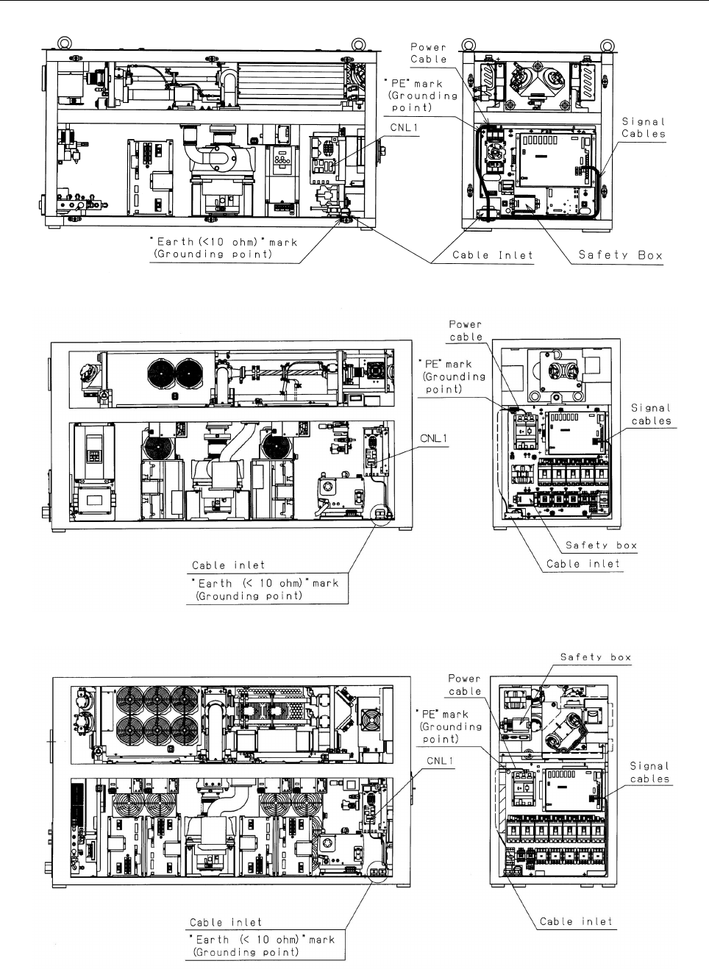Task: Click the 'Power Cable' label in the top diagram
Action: (x=429, y=53)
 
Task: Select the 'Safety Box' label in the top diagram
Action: (x=620, y=255)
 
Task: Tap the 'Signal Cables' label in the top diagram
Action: (x=644, y=128)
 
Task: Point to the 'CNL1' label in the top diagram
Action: (x=405, y=128)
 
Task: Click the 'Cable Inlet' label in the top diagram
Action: (x=493, y=255)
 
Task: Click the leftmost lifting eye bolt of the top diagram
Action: (x=64, y=43)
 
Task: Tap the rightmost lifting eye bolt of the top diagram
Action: (x=608, y=45)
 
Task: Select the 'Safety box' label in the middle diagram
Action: (x=601, y=545)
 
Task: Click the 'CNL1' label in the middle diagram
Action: (x=434, y=439)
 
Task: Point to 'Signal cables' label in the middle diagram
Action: (x=651, y=415)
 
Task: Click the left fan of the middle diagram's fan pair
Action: (x=160, y=373)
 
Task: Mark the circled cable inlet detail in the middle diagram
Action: (x=381, y=515)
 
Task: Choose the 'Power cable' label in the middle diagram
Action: (x=466, y=331)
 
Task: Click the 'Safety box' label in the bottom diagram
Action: (x=596, y=657)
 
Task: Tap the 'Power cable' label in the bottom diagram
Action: (x=464, y=684)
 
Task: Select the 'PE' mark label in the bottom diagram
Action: (x=449, y=726)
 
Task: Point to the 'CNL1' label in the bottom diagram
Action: (x=441, y=761)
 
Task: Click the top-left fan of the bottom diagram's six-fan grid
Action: (x=130, y=701)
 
